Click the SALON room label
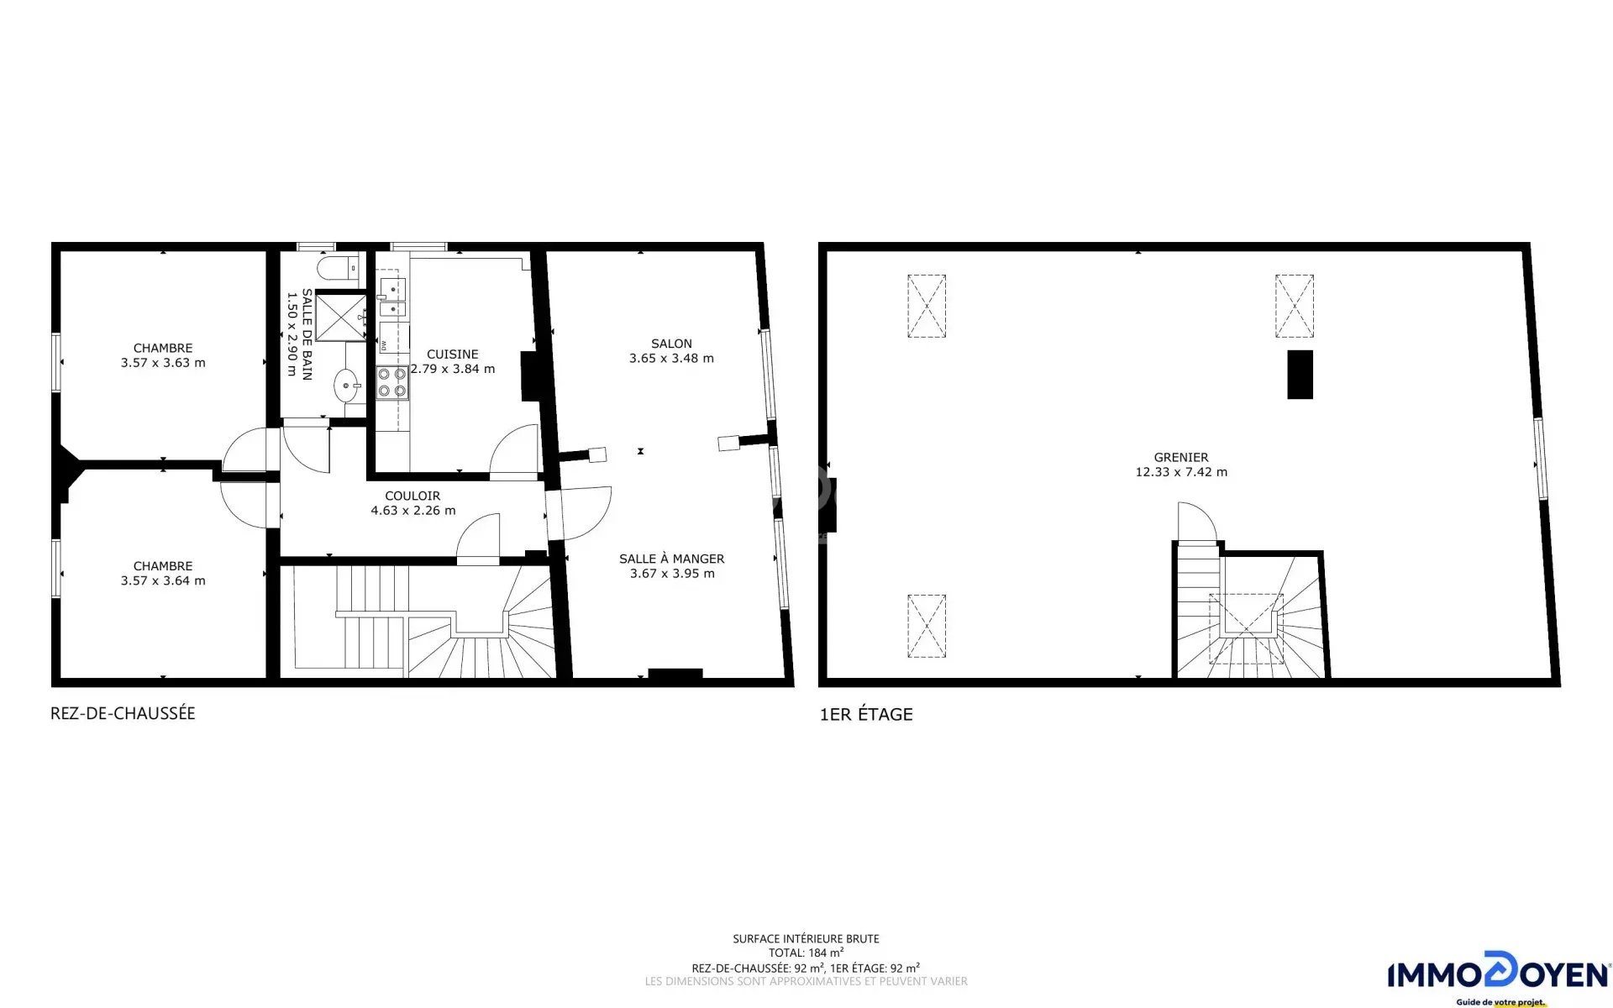tap(671, 344)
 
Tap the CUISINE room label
tap(452, 354)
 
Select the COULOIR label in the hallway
tap(412, 496)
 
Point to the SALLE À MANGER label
tap(671, 559)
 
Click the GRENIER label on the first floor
tap(1181, 458)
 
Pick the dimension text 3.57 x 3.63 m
tap(163, 363)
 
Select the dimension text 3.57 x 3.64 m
tap(163, 580)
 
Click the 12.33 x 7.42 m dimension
tap(1181, 472)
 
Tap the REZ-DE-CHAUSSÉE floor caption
tap(123, 713)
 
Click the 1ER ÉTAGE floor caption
tap(866, 715)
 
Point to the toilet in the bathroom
tap(339, 269)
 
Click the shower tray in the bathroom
tap(340, 316)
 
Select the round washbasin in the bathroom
tap(347, 387)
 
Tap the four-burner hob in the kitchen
tap(392, 382)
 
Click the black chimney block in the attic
tap(1300, 375)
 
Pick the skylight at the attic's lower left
tap(927, 627)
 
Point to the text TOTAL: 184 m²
tap(806, 953)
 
